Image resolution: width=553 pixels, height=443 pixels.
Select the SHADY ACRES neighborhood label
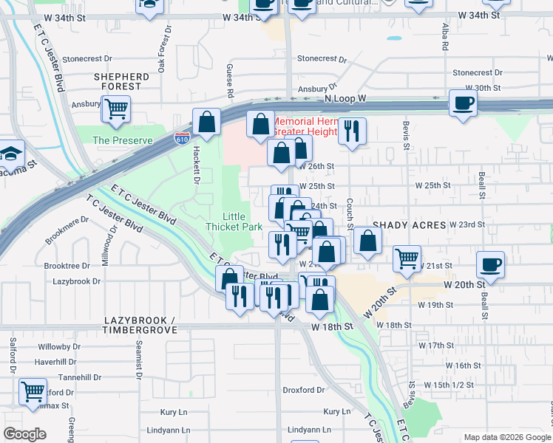pyautogui.click(x=410, y=224)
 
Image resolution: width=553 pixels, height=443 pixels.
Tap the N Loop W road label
pyautogui.click(x=345, y=98)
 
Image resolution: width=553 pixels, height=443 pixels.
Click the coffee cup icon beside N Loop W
pyautogui.click(x=463, y=103)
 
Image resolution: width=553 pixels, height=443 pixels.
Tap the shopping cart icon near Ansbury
pyautogui.click(x=115, y=109)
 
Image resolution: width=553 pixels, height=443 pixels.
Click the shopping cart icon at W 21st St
pyautogui.click(x=407, y=258)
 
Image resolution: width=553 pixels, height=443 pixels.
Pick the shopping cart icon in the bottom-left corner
pyautogui.click(x=32, y=391)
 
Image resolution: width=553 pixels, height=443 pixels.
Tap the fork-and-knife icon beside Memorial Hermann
pyautogui.click(x=352, y=131)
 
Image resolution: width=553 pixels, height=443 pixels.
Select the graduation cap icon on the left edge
pyautogui.click(x=11, y=153)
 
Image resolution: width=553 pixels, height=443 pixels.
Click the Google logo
pyautogui.click(x=25, y=434)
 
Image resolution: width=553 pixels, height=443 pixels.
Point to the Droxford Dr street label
pyautogui.click(x=304, y=390)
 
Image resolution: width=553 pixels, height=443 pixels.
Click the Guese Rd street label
pyautogui.click(x=230, y=80)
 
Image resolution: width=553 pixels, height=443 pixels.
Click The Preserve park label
pyautogui.click(x=123, y=140)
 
